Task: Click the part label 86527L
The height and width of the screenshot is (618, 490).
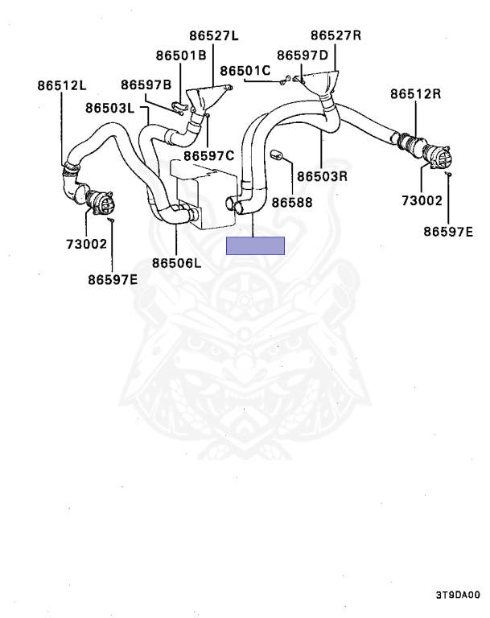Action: [215, 36]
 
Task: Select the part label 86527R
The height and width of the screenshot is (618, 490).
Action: [336, 36]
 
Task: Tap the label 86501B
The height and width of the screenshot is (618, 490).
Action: [181, 55]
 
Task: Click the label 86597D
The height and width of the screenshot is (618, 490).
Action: [303, 55]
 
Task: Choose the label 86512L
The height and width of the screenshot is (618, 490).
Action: [62, 86]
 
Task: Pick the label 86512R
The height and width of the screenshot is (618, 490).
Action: [416, 93]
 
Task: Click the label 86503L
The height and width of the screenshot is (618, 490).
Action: [110, 107]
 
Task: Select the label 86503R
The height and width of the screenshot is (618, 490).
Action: [321, 175]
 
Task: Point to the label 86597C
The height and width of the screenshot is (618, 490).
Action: [208, 155]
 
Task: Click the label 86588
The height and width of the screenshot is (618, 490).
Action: [291, 203]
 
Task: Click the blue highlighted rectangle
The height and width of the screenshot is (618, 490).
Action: [256, 245]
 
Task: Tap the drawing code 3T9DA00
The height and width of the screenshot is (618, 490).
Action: [458, 596]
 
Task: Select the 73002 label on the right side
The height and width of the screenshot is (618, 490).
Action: [423, 200]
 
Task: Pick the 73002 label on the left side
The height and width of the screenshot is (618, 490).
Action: [87, 243]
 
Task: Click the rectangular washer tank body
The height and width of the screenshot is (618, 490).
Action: [205, 193]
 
